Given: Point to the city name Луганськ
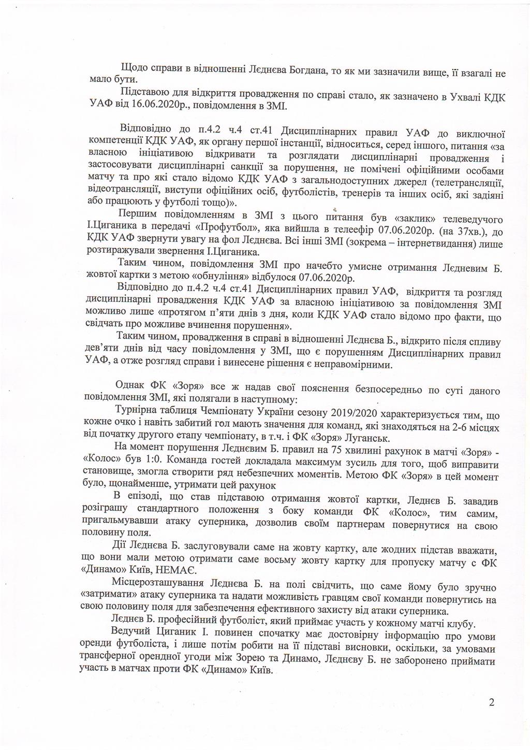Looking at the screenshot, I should [x=306, y=436].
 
